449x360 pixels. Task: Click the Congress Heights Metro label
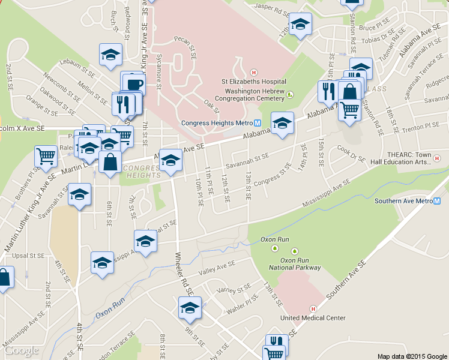pos(217,123)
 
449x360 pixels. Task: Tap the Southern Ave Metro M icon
pos(437,202)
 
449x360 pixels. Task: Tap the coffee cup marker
pos(133,83)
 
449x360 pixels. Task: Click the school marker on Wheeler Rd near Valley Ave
pos(190,308)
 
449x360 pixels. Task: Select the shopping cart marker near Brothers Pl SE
pos(46,156)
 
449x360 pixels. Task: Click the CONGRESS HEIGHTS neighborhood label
pos(142,171)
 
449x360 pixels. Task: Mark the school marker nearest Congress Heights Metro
pos(283,123)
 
